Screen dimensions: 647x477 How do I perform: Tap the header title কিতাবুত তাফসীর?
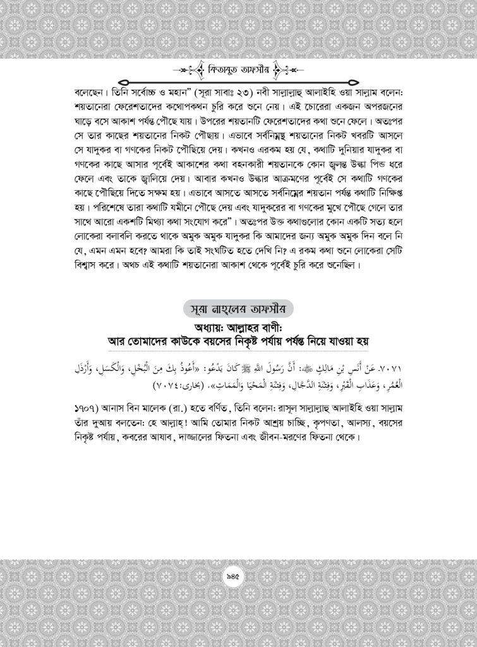click(239, 69)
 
